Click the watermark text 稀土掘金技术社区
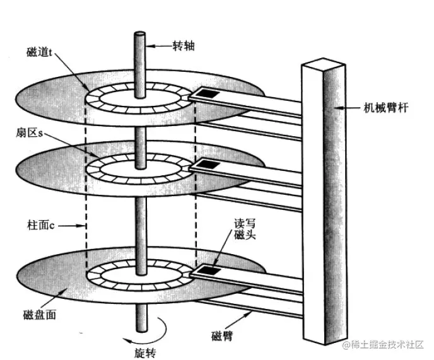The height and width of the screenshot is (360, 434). pos(385,344)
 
